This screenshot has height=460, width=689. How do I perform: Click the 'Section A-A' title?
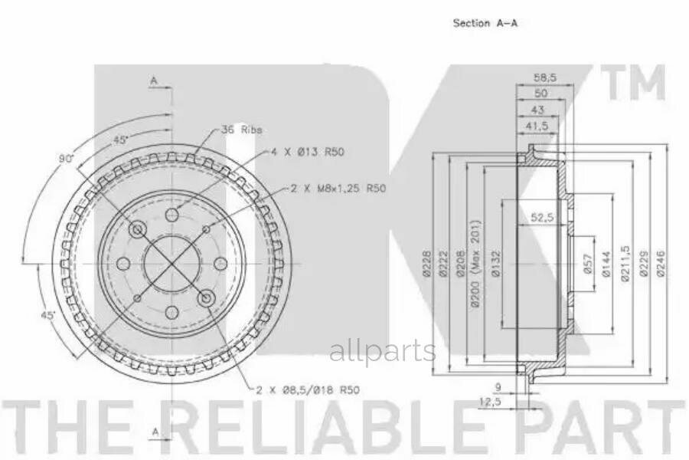point(485,22)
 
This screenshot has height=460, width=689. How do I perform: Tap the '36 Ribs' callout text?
point(242,130)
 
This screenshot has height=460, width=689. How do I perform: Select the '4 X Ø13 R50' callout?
point(307,152)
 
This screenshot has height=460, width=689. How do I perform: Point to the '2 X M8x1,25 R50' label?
point(338,189)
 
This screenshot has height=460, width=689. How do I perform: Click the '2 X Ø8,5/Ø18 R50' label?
point(308,389)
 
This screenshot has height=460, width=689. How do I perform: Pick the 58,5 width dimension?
point(545,77)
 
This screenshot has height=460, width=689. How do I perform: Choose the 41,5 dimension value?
point(537,126)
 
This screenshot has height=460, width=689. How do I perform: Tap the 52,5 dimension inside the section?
point(542,217)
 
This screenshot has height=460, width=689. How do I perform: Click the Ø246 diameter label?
point(661,264)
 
